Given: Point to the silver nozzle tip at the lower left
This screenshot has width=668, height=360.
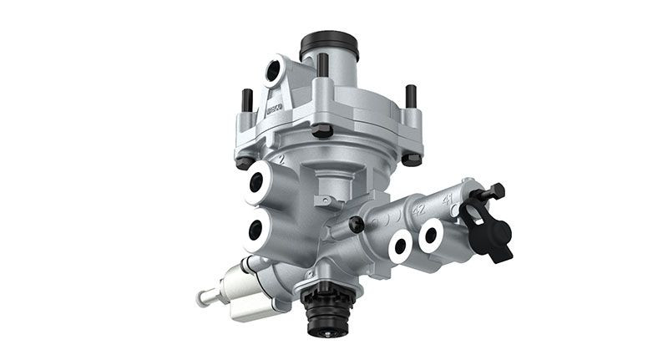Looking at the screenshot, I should (203, 297).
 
